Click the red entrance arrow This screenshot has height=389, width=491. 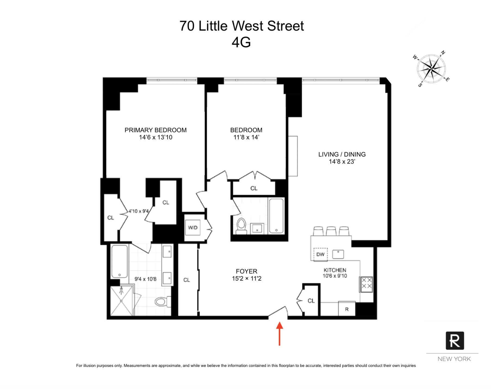[x=279, y=334]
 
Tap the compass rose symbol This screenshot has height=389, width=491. [x=431, y=68]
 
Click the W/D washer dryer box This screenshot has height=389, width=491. [x=193, y=228]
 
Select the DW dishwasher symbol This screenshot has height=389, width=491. [x=320, y=255]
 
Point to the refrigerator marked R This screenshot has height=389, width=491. [x=347, y=309]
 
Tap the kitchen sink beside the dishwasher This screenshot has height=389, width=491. [x=338, y=254]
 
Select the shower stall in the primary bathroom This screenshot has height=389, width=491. [x=121, y=301]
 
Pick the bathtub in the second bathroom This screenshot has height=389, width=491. [x=276, y=216]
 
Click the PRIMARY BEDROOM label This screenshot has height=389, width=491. [x=156, y=130]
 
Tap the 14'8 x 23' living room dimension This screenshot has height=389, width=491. [x=342, y=162]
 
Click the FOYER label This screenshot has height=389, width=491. [x=246, y=271]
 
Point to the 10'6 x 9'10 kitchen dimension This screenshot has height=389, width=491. [x=335, y=276]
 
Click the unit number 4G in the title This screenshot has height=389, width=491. [x=241, y=42]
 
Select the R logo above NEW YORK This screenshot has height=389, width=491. [x=455, y=340]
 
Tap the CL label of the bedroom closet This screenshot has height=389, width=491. [x=254, y=188]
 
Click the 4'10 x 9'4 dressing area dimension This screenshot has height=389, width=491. [x=139, y=211]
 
